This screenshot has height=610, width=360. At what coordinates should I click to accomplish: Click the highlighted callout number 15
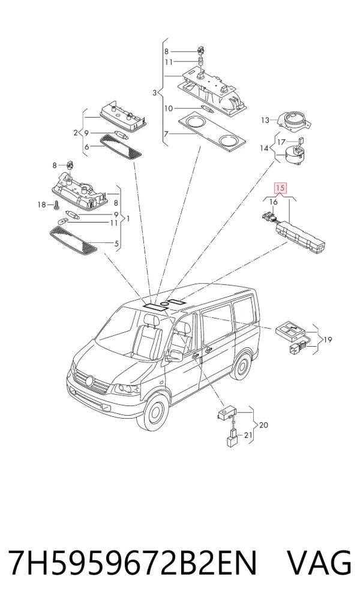point(280,188)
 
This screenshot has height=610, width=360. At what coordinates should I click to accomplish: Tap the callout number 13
point(265,120)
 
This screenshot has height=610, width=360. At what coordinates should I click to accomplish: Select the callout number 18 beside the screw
point(41,205)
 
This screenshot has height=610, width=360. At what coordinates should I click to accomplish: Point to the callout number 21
point(248,435)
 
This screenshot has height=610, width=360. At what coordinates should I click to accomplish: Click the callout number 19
point(328,340)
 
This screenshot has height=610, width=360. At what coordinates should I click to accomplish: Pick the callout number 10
point(168,109)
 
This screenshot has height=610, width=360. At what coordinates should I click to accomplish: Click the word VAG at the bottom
point(319,563)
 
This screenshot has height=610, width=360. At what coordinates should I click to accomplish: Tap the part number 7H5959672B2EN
point(133,563)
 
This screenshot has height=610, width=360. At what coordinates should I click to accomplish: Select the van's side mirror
point(175,355)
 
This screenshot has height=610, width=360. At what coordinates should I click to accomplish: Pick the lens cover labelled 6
point(121,146)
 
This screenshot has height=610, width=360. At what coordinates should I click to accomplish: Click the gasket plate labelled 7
point(212,131)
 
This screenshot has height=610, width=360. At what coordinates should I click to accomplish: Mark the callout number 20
point(263,425)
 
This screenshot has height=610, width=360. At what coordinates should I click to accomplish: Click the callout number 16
point(274,202)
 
